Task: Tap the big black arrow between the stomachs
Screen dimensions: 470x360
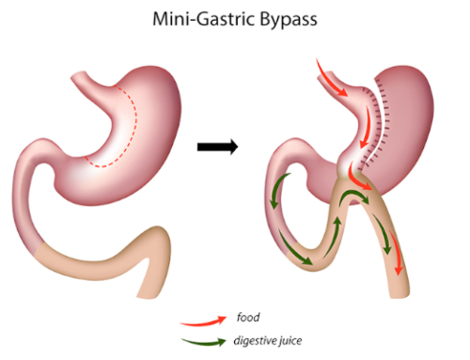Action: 216,147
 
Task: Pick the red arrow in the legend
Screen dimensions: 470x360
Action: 203,320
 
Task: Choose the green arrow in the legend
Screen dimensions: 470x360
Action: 203,341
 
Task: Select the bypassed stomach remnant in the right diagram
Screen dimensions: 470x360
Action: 409,122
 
